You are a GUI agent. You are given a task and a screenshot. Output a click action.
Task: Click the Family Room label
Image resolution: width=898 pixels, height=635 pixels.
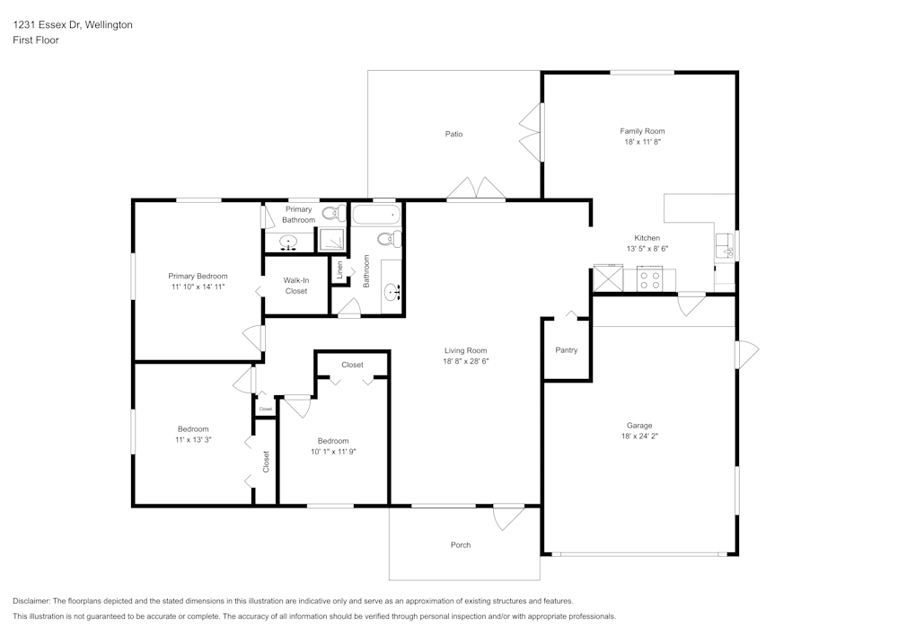[642, 131]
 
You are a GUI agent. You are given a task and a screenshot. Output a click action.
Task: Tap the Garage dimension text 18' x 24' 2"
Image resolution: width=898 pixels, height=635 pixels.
[639, 436]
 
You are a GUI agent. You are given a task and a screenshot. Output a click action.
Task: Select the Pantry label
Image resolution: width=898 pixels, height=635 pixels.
[566, 350]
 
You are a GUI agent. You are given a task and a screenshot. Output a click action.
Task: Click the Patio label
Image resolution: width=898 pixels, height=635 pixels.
[454, 135]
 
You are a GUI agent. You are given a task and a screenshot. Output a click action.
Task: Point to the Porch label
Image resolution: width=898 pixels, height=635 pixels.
[460, 545]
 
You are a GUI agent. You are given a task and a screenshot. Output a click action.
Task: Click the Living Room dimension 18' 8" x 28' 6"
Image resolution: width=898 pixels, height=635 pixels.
[465, 361]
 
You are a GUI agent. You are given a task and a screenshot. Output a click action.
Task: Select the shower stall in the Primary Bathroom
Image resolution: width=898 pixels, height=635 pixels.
[331, 240]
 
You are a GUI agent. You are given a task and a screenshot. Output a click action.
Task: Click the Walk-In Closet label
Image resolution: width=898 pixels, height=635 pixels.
[296, 286]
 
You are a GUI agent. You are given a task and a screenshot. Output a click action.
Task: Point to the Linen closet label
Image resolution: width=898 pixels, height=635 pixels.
[339, 269]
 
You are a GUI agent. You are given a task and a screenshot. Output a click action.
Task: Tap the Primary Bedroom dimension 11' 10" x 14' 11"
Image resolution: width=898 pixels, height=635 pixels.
[198, 287]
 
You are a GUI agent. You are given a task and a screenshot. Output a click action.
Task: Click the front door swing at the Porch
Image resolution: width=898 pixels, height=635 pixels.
[507, 517]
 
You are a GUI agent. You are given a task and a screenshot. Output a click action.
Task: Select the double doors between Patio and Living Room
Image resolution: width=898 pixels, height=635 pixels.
[477, 188]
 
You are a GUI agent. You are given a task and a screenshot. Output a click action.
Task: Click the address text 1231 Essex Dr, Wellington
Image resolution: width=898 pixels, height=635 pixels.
[73, 25]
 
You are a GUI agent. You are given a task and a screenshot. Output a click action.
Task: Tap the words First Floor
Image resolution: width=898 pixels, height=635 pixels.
[36, 40]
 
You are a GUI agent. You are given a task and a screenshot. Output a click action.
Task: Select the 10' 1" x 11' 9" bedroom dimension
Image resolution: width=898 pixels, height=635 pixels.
[332, 452]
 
